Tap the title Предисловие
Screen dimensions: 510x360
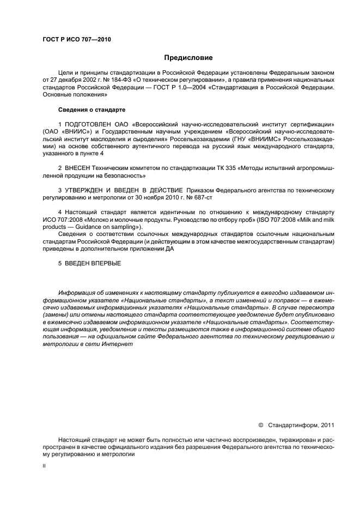(188, 57)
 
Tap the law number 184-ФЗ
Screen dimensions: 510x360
(117, 79)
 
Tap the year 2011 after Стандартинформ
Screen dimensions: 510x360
(327, 425)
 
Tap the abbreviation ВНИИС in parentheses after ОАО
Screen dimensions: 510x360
(69, 132)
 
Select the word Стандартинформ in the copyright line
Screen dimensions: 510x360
(293, 425)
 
